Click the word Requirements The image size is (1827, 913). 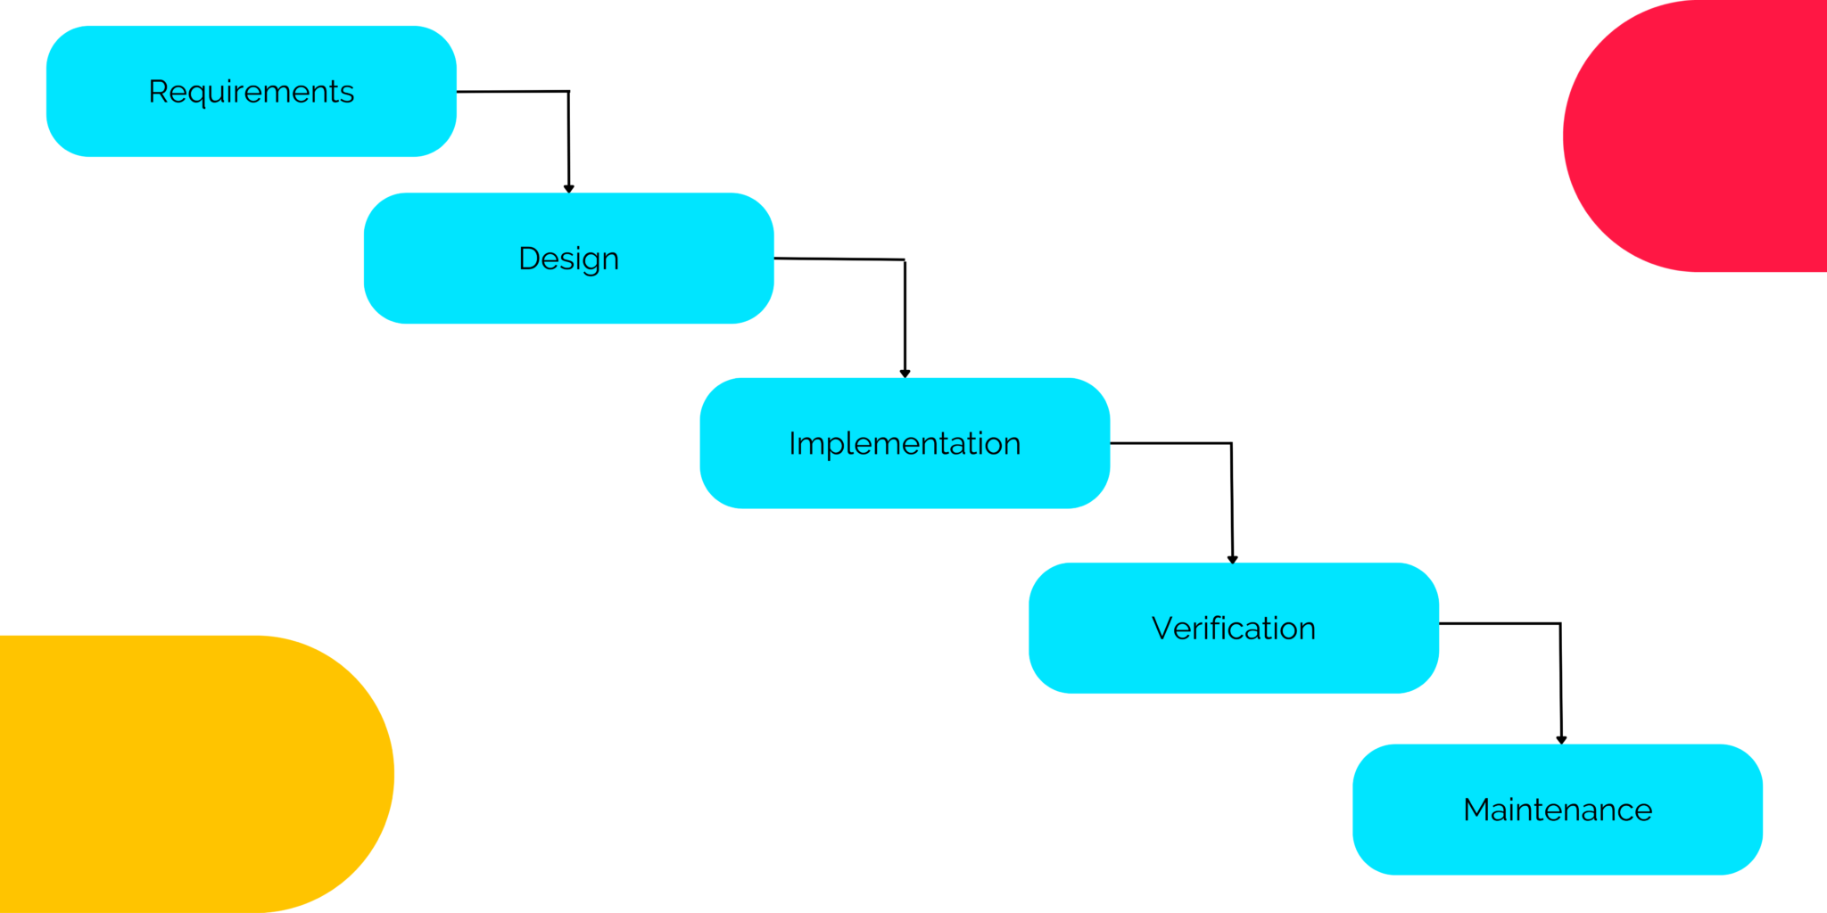point(251,92)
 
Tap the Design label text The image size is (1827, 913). point(568,259)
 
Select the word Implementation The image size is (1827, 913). point(905,443)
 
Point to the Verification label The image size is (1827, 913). point(1233,629)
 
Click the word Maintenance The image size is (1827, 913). point(1558,810)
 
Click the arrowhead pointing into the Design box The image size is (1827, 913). point(568,188)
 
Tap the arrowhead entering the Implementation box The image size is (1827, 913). point(905,374)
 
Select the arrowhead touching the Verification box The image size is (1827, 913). point(1232,559)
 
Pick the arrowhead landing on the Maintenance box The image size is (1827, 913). point(1561,739)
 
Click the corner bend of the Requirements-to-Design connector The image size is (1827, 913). point(568,91)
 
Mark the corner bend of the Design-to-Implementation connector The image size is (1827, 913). point(905,260)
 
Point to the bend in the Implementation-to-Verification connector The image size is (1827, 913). point(1231,443)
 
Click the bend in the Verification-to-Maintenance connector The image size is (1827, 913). point(1560,623)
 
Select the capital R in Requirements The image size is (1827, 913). point(157,92)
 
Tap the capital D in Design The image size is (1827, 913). point(529,259)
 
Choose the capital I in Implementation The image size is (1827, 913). point(791,443)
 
